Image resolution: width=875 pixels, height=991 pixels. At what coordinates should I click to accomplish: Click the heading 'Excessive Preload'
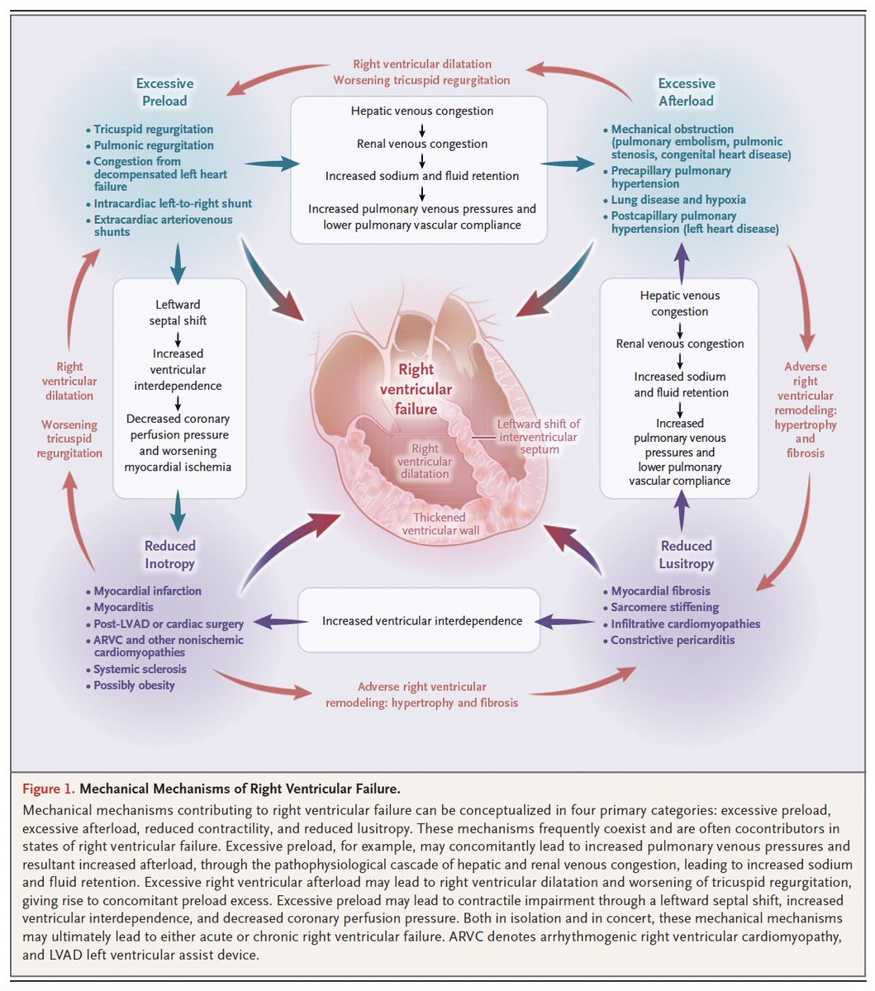[164, 92]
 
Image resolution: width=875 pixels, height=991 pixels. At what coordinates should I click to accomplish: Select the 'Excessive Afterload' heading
[686, 92]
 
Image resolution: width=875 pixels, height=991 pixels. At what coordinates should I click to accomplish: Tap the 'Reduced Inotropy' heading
[169, 555]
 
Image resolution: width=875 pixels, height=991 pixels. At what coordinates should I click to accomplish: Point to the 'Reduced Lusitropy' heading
[686, 555]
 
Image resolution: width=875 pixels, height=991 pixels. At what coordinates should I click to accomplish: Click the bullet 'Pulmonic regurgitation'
[154, 145]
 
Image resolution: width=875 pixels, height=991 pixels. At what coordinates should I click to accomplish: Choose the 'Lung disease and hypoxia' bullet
[678, 200]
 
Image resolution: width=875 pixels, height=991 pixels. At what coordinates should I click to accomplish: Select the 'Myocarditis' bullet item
[123, 608]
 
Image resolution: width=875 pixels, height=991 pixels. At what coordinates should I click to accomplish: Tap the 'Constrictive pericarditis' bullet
[673, 640]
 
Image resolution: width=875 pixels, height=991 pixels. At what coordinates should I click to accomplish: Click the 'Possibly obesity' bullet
[134, 685]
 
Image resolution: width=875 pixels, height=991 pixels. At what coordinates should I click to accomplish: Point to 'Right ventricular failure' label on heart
[426, 390]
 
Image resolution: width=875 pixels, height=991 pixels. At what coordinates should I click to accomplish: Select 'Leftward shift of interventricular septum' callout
[538, 437]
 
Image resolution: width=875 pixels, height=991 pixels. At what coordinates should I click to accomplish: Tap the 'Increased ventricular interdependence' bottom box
[422, 621]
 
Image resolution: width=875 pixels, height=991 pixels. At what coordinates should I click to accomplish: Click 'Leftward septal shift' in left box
[178, 312]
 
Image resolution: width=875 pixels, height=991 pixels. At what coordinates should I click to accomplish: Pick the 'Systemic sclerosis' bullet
[140, 670]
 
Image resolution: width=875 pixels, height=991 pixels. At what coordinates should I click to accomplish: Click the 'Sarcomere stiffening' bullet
[664, 608]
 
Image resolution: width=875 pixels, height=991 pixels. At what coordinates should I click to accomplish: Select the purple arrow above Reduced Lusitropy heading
[682, 510]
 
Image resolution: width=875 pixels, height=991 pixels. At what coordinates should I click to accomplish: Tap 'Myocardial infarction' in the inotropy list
[147, 591]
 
